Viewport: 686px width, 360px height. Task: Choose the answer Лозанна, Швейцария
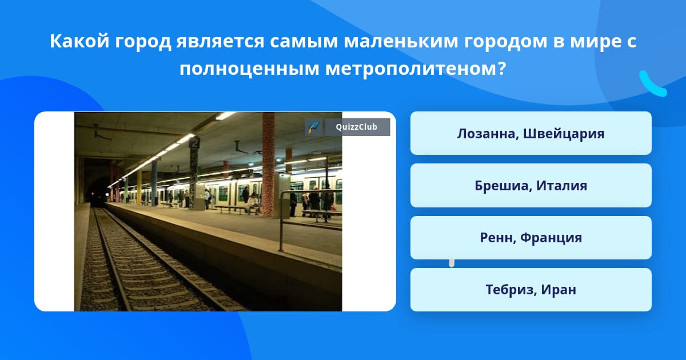click(531, 133)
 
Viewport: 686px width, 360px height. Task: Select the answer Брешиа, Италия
click(531, 186)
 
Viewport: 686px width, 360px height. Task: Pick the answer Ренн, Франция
click(531, 238)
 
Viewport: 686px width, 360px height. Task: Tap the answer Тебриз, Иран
click(531, 290)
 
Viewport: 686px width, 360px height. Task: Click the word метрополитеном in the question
click(411, 69)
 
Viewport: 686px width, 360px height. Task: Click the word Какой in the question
click(79, 41)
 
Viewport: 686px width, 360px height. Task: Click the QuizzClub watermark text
click(356, 127)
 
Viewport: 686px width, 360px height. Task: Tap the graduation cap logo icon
click(314, 127)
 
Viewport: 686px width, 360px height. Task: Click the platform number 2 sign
click(194, 143)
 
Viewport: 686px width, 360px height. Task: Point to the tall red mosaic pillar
click(268, 165)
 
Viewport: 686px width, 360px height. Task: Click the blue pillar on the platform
click(154, 183)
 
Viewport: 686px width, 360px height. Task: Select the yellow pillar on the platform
click(139, 187)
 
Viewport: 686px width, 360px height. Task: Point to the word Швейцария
click(564, 134)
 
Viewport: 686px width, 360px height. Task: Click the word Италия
click(561, 186)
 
